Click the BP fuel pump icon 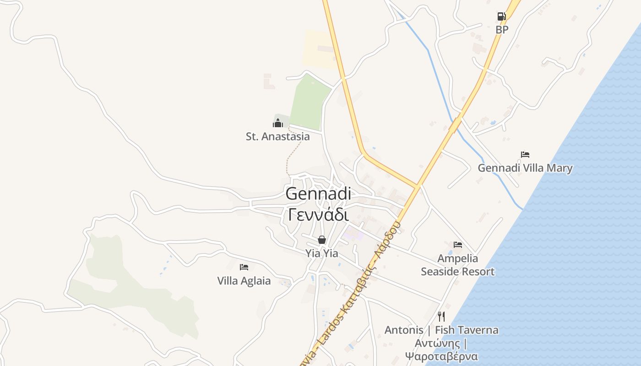point(502,17)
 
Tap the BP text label point(502,30)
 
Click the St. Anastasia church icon point(278,123)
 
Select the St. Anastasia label point(277,136)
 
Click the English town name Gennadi point(318,194)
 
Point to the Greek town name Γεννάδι point(318,214)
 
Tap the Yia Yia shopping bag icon point(322,240)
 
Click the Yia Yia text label point(322,253)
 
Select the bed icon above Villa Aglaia point(244,267)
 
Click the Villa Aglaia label point(244,280)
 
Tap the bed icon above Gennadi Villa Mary point(525,155)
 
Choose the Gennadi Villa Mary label point(525,168)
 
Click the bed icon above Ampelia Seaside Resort point(458,245)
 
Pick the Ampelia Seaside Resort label point(458,265)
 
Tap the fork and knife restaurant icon point(441,316)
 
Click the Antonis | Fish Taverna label point(441,330)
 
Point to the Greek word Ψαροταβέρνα point(441,356)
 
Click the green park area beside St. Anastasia point(310,103)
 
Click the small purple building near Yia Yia point(353,234)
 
